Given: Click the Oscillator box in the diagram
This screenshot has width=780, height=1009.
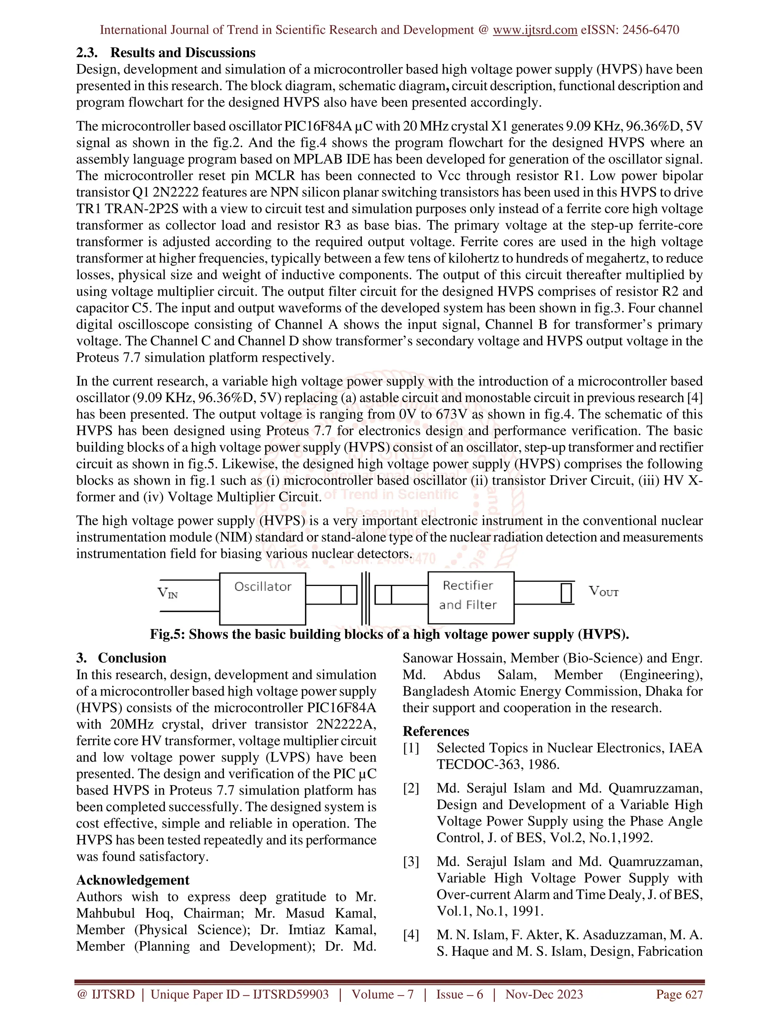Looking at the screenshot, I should [262, 599].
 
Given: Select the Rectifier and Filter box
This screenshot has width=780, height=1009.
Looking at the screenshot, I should [470, 597].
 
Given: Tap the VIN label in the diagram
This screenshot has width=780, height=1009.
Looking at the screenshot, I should [168, 592].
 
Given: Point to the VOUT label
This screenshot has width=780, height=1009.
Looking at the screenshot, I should [603, 591].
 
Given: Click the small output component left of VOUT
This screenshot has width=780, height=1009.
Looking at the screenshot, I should [566, 594].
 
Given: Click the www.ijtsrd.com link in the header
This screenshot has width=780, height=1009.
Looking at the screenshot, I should [535, 30].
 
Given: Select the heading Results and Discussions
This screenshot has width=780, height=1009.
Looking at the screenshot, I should [182, 53].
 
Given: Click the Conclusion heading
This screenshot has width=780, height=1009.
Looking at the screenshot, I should [132, 658].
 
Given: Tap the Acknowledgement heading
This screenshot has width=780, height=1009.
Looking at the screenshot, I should [133, 880].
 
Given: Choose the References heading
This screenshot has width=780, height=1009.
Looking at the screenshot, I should [436, 731].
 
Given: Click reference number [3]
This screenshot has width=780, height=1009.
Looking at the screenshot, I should [411, 862].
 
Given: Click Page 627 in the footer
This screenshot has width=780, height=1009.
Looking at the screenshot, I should [679, 994].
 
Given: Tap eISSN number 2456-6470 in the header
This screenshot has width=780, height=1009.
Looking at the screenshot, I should [651, 30].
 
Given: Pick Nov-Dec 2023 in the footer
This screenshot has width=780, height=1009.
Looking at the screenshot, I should [544, 994].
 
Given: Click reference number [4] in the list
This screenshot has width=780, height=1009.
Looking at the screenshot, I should [411, 935].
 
